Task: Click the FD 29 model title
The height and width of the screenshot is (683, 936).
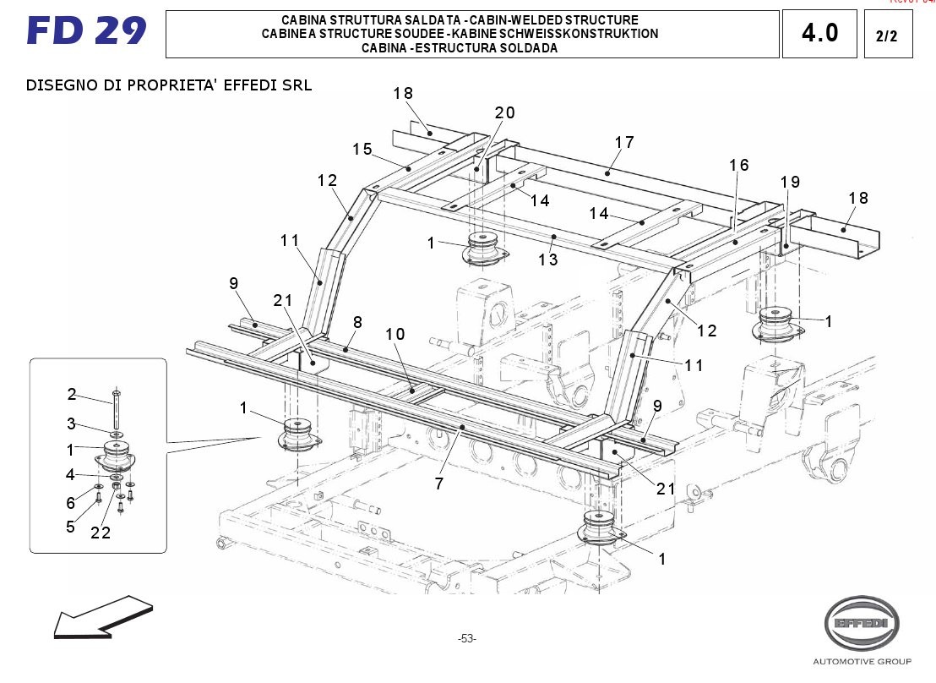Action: (86, 31)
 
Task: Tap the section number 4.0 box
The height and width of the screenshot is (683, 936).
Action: (819, 34)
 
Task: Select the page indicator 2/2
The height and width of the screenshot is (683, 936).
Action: (887, 36)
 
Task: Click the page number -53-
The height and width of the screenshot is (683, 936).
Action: (466, 639)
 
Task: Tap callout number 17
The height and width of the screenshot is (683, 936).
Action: (624, 143)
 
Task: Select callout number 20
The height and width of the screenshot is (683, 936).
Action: (505, 113)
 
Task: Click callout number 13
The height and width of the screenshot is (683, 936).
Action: (548, 260)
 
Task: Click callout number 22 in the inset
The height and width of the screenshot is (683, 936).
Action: (101, 533)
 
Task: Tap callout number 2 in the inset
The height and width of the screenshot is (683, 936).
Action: (72, 394)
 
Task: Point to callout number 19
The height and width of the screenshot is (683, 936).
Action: (790, 182)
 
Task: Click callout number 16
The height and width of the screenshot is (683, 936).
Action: (739, 166)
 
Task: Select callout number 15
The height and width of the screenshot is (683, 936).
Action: (362, 150)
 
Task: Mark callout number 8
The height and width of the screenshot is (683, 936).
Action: (357, 322)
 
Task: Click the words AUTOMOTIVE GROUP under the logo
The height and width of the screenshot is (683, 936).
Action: (862, 661)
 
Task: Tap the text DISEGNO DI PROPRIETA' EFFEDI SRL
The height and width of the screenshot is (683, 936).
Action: (169, 85)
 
